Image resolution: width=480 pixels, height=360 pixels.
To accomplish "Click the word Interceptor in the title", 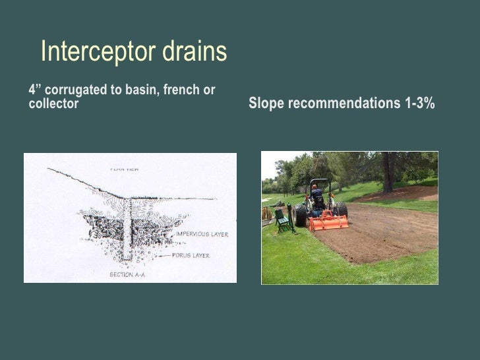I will pyautogui.click(x=91, y=51).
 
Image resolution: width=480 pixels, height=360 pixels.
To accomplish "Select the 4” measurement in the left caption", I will pyautogui.click(x=34, y=90).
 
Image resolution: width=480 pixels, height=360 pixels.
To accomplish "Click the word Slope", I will pyautogui.click(x=264, y=104).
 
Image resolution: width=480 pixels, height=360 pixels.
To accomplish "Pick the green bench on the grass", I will pyautogui.click(x=284, y=221).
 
